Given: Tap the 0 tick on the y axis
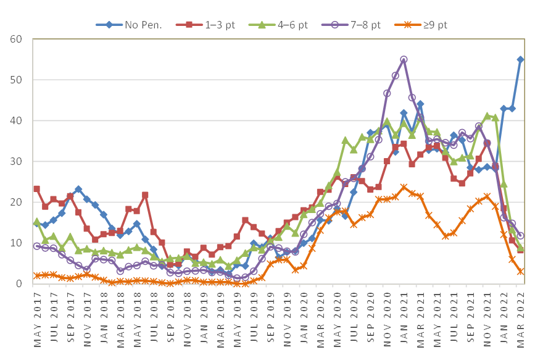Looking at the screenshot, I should point(18,283).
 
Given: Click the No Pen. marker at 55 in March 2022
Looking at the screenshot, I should point(520,59).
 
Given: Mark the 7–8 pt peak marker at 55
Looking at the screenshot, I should point(404,59).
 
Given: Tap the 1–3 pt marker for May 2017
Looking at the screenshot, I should point(36,189).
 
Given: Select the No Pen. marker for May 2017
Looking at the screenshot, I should point(36,223).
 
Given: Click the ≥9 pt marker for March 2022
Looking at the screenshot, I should point(520,271).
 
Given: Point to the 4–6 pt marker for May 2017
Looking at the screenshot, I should point(36,221).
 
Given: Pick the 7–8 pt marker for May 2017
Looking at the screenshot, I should point(36,246).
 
